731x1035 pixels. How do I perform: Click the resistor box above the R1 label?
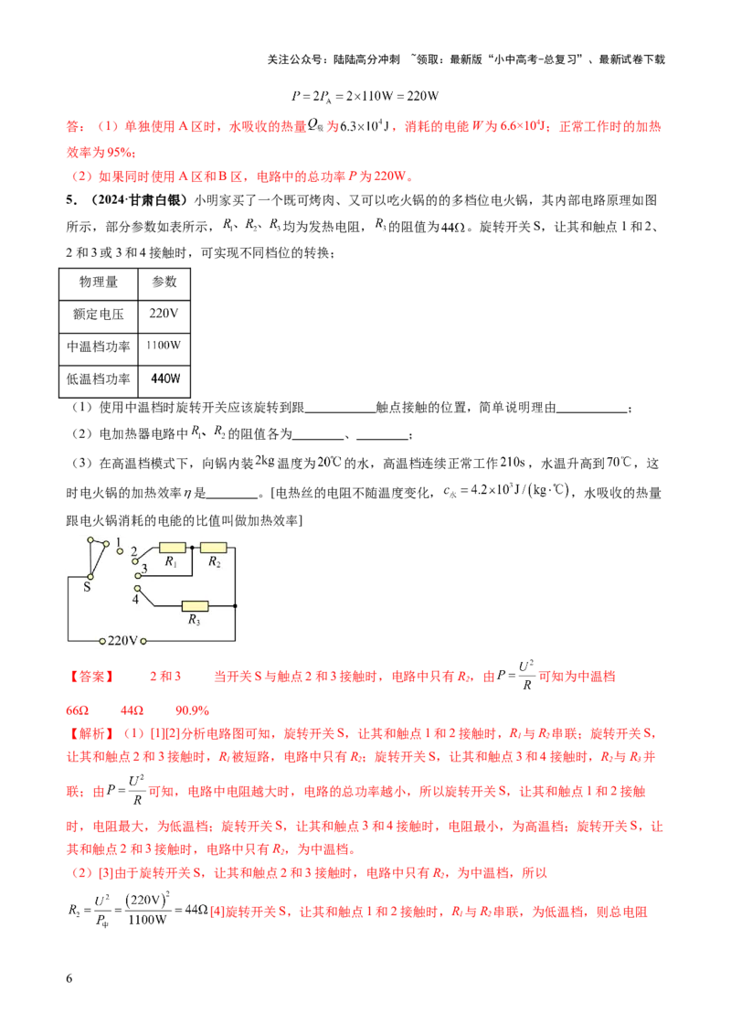tap(173, 548)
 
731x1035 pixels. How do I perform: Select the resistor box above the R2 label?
tap(214, 548)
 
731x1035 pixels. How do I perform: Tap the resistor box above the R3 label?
tap(195, 605)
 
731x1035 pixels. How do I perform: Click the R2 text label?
tap(214, 562)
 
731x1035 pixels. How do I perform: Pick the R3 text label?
tap(194, 620)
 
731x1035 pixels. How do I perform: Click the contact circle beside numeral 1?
tap(119, 551)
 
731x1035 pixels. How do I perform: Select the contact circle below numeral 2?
tap(135, 562)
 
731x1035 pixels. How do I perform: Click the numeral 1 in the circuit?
tap(119, 542)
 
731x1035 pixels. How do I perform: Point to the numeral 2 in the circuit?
tap(133, 552)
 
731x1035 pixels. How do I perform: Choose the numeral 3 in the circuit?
tap(144, 570)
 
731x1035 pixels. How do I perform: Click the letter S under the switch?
tap(87, 587)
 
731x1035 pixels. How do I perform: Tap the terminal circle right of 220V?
tap(143, 640)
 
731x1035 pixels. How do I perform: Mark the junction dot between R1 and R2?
tap(193, 548)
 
